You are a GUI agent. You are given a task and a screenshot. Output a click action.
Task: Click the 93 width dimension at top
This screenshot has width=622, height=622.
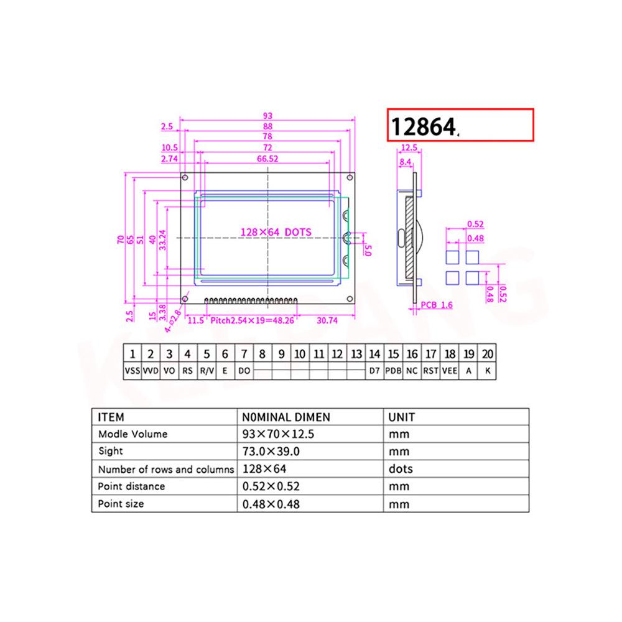(x=267, y=116)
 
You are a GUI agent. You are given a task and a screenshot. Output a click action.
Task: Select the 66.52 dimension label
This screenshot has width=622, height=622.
(x=267, y=159)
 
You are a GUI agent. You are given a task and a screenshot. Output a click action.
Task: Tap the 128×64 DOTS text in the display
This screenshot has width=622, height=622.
(x=276, y=232)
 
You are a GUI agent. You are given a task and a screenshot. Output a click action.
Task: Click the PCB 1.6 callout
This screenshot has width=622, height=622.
(x=437, y=305)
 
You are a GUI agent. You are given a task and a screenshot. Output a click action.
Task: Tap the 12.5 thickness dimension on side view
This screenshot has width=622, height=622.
(x=409, y=148)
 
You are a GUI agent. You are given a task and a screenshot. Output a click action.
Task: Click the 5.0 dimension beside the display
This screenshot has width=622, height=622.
(x=368, y=251)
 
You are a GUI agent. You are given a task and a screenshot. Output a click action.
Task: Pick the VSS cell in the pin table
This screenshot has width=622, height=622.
(x=132, y=371)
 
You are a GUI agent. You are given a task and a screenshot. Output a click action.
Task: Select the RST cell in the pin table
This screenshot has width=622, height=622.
(x=430, y=371)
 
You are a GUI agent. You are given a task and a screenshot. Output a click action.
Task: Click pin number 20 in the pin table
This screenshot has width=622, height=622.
(x=488, y=354)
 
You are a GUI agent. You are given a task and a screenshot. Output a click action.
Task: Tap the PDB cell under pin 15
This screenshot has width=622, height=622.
(x=393, y=371)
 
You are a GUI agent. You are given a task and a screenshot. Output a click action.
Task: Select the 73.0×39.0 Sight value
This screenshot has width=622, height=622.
(x=271, y=452)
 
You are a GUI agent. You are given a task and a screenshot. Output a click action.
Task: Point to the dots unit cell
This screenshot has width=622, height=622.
(x=401, y=469)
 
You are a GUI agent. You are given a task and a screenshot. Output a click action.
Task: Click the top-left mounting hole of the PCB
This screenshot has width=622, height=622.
(x=185, y=177)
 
